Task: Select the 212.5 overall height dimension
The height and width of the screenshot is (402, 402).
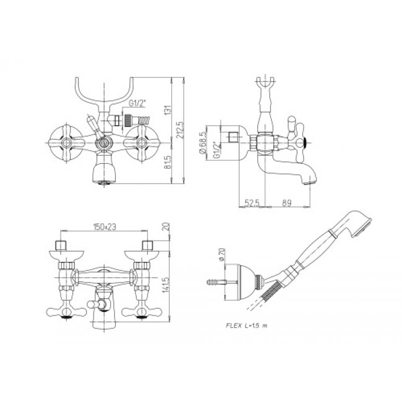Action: tap(179, 130)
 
